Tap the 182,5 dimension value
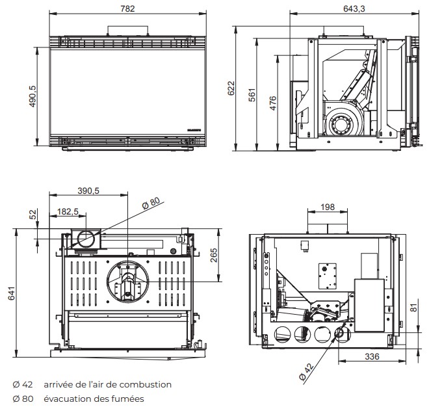pos(68,211)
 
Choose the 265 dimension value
pos(214,256)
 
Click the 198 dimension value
pos(328,207)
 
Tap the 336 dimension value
pos(372,356)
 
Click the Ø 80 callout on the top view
pos(151,202)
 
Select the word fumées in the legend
pos(128,399)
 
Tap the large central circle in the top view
pos(128,280)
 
